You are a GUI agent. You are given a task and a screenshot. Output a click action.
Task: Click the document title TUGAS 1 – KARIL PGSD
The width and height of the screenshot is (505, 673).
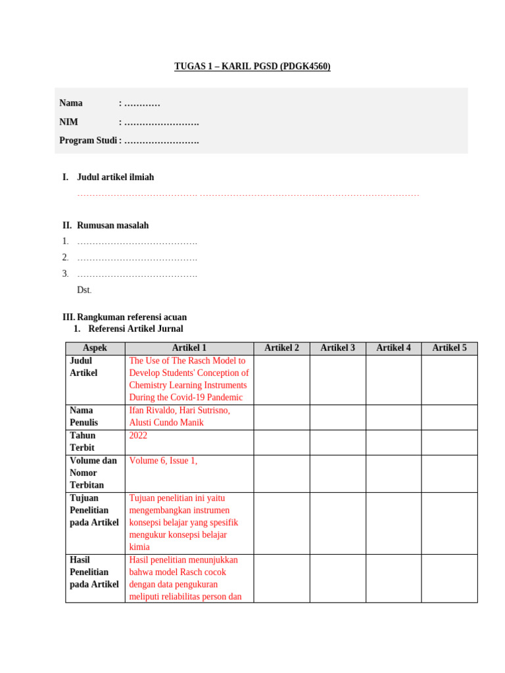click(252, 66)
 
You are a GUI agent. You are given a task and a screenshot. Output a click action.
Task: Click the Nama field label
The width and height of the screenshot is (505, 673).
click(71, 103)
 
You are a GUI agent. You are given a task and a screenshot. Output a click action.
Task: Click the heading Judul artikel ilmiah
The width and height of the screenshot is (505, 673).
click(115, 177)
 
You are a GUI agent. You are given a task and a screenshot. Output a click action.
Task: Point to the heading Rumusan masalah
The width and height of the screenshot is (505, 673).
click(112, 225)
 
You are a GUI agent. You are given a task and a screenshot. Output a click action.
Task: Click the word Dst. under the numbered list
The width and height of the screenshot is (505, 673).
click(84, 290)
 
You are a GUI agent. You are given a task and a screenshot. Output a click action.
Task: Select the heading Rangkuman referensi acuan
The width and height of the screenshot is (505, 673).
click(132, 317)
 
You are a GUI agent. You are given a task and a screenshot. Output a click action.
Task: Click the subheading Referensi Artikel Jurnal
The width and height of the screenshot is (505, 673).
click(135, 329)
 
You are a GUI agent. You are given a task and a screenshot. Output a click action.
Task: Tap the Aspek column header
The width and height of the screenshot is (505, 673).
click(95, 348)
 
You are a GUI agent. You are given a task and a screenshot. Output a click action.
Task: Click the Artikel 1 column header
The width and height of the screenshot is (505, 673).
click(189, 348)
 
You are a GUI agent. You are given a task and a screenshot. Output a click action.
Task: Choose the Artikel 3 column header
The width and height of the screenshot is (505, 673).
click(337, 348)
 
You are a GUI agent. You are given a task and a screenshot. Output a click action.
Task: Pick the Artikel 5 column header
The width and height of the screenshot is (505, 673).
click(449, 348)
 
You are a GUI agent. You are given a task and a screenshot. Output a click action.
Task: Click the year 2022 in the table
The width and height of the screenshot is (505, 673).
click(139, 436)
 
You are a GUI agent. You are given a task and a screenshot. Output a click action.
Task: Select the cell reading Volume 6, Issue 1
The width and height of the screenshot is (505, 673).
click(163, 461)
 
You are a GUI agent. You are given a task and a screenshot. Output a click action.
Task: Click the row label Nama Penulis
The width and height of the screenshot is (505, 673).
click(84, 417)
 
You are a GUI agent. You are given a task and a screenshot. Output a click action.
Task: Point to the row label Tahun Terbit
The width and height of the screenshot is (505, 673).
click(83, 442)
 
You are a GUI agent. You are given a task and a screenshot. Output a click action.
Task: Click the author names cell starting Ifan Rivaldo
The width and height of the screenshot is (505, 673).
click(180, 417)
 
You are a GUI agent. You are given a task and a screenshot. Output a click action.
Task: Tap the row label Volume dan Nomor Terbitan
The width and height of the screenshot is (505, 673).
click(93, 473)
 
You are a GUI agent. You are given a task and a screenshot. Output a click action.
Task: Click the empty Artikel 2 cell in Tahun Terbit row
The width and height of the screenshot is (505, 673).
click(281, 442)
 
